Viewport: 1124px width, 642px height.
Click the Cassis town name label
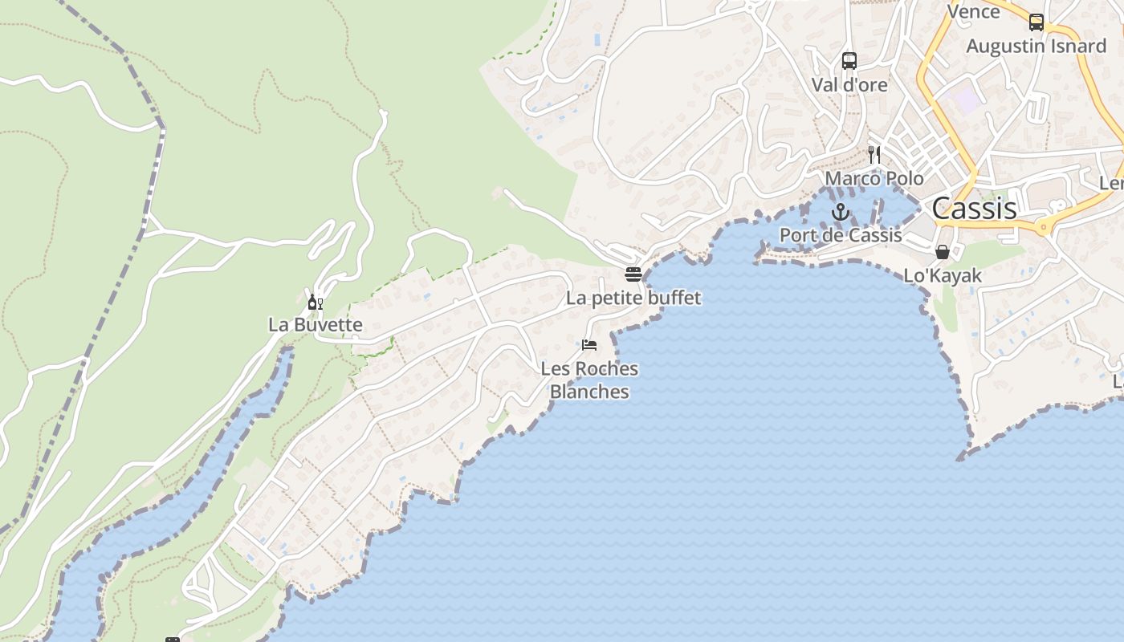pos(974,209)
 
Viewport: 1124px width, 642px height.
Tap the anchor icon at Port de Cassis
pos(841,213)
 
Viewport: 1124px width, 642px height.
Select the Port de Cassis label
pos(841,236)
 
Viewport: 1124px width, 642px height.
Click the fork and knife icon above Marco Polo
pos(874,154)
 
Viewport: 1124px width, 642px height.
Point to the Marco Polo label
pos(874,178)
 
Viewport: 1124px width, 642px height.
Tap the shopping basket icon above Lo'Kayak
pos(943,252)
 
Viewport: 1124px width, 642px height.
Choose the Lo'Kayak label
pos(943,276)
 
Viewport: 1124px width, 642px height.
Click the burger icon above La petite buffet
pos(633,274)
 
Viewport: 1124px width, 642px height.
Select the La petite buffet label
pos(633,299)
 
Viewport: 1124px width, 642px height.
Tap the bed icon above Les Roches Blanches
pos(589,345)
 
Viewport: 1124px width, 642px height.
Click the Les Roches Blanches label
pos(589,380)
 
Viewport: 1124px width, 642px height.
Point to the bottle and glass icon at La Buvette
pos(316,302)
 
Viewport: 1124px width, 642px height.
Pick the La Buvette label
pos(316,325)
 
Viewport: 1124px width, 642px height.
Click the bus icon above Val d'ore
pos(849,60)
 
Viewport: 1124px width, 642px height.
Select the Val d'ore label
pos(849,84)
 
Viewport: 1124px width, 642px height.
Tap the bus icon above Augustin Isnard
pos(1036,22)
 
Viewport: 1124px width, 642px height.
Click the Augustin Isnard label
pos(1036,47)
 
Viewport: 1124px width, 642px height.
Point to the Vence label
pos(973,11)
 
